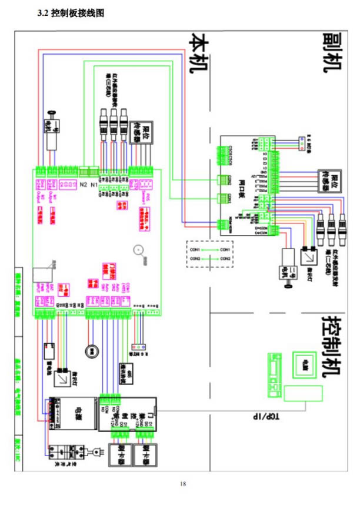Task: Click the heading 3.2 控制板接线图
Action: [x=70, y=14]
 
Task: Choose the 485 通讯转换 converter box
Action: [x=130, y=375]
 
